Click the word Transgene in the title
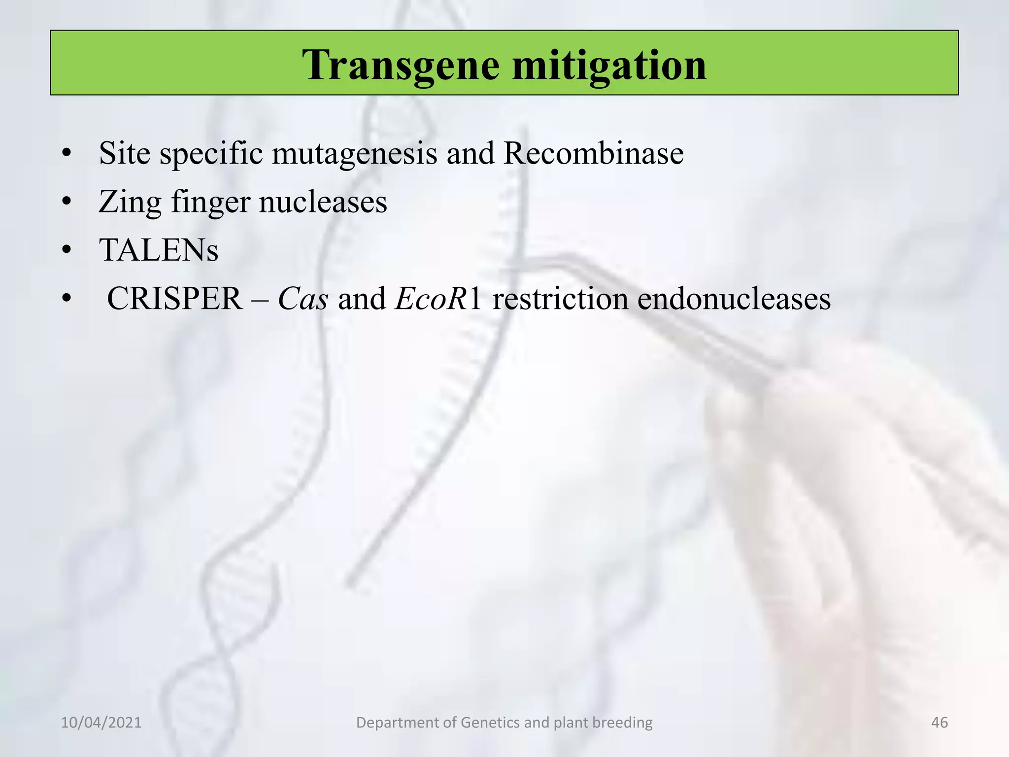(x=402, y=65)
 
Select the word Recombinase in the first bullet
(x=593, y=153)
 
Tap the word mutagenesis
(x=354, y=154)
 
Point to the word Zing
(x=130, y=202)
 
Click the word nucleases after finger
(x=323, y=202)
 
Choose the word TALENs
(x=159, y=250)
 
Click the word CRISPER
(x=175, y=299)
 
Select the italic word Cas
(x=303, y=299)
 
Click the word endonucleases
(x=734, y=299)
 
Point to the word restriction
(x=560, y=299)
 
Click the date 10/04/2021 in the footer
(x=101, y=723)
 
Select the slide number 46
(x=940, y=723)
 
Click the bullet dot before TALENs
(x=67, y=250)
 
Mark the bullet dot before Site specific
(x=67, y=153)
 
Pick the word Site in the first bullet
(x=124, y=153)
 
